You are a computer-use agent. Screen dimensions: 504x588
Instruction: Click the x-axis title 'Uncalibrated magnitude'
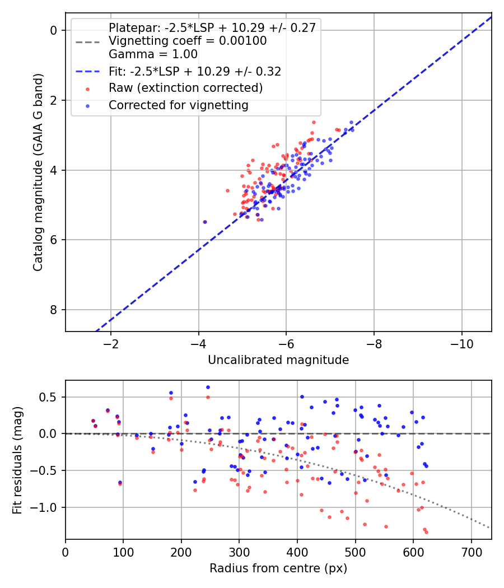point(278,360)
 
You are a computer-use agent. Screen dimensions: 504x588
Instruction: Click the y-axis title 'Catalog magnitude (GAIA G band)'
point(38,172)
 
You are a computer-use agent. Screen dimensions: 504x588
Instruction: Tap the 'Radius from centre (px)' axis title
point(278,568)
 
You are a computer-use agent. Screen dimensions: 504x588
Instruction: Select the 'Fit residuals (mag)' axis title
point(17,460)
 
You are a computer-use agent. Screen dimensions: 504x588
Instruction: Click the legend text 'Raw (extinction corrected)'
point(185,88)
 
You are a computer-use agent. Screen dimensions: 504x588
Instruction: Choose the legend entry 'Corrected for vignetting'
point(179,105)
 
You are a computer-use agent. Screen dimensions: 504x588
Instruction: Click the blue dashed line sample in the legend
point(88,71)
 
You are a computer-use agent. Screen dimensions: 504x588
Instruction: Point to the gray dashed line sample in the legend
point(88,41)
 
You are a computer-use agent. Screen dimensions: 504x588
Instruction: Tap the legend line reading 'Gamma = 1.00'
point(153,54)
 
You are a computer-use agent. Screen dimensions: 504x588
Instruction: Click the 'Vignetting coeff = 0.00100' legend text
point(188,40)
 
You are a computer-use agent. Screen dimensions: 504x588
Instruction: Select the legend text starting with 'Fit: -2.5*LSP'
point(195,71)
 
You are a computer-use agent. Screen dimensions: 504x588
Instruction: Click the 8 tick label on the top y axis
point(54,310)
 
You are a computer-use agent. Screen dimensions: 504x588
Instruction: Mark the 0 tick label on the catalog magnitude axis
point(54,30)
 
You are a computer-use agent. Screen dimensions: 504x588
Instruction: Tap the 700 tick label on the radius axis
point(472,552)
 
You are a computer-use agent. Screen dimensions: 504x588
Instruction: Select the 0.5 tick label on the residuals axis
point(48,397)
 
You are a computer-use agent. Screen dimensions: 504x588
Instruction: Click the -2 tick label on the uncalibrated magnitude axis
point(111,344)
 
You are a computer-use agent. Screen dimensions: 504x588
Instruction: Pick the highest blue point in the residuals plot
point(208,388)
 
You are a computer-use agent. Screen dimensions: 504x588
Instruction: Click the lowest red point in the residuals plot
point(426,532)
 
